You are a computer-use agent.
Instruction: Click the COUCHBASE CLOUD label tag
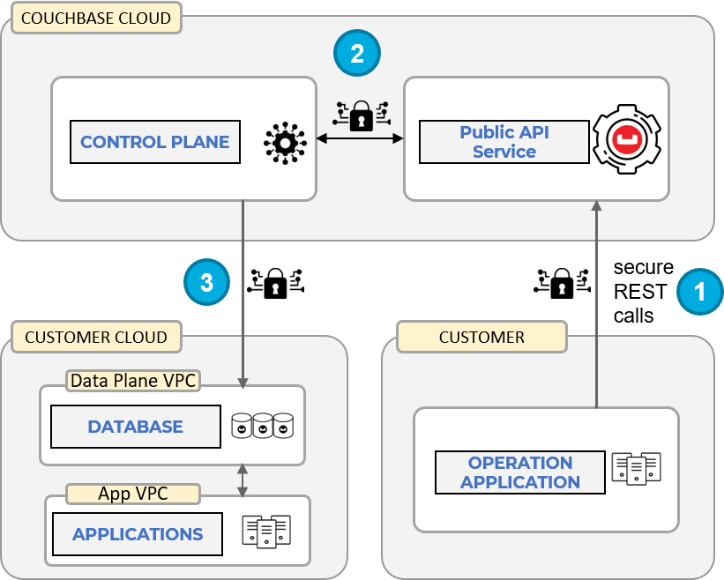tap(96, 18)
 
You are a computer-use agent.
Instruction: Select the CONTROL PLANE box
tap(154, 142)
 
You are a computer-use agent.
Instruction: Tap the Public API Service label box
tap(504, 142)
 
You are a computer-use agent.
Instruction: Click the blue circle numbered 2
tap(356, 54)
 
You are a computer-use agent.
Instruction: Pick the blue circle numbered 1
tap(700, 291)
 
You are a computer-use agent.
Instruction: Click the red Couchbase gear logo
tap(627, 140)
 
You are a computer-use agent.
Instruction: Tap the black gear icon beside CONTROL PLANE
tap(285, 142)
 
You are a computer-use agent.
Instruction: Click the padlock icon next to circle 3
tap(276, 282)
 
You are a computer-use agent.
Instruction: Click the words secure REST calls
tap(643, 291)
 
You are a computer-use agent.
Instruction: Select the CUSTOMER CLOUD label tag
tap(96, 337)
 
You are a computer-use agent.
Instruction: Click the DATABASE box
tap(135, 427)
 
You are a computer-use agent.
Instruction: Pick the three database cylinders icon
tap(262, 426)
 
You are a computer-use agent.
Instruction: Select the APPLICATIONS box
tap(137, 534)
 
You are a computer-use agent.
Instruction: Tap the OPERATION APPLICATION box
tap(520, 472)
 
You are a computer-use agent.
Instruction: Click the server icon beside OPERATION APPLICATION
tap(637, 468)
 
